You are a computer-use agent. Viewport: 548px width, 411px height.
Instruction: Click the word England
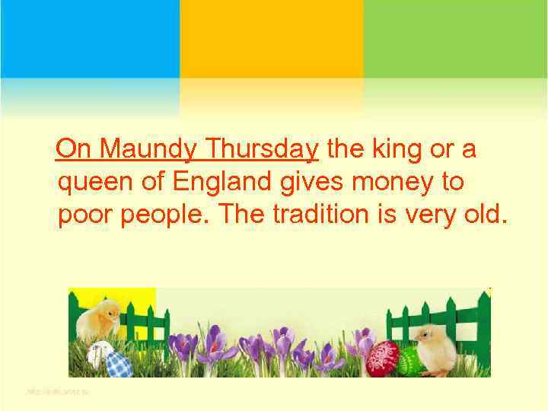(x=228, y=183)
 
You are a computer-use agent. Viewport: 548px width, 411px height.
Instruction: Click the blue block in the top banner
(x=90, y=38)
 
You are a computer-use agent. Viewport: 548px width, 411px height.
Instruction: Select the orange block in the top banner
(x=272, y=38)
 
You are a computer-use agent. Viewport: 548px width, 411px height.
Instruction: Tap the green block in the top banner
(x=455, y=38)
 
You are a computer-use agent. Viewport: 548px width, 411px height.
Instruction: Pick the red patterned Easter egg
(x=381, y=357)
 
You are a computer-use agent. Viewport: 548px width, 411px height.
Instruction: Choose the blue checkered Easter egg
(x=119, y=363)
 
